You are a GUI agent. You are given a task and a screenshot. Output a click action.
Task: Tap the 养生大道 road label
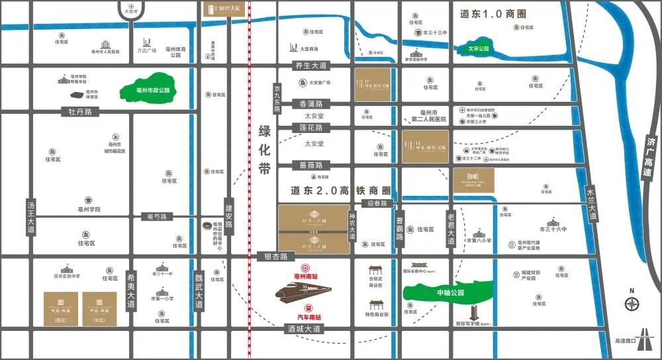(310, 66)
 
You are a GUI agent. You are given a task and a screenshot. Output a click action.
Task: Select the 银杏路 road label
(276, 256)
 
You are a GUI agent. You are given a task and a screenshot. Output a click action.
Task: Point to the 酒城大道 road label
(303, 328)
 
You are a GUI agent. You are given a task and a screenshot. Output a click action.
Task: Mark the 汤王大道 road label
(30, 216)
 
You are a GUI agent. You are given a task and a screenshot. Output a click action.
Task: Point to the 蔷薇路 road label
(310, 165)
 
